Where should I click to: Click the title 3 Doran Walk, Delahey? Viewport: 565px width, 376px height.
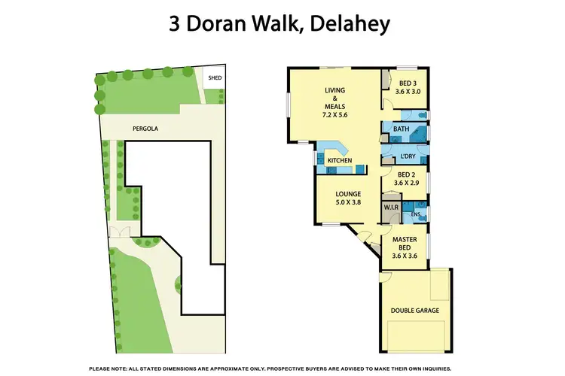[x=279, y=24]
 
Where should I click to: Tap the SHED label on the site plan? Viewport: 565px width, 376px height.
[x=215, y=77]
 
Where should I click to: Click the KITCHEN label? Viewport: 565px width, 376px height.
[x=339, y=161]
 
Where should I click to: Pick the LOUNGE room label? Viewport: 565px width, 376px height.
[x=347, y=194]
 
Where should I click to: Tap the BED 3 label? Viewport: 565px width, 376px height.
[x=408, y=83]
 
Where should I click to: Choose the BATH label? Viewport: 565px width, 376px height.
[x=401, y=129]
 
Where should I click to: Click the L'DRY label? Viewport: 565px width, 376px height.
[x=409, y=156]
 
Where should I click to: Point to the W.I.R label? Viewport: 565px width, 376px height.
[x=391, y=206]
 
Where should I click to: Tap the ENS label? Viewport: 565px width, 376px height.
[x=414, y=214]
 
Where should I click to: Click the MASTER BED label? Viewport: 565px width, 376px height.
[x=405, y=243]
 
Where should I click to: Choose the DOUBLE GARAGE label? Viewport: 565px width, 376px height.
[x=414, y=310]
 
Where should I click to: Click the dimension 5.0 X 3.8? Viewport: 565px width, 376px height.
[x=347, y=202]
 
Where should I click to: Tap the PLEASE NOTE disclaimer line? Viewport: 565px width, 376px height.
[x=280, y=368]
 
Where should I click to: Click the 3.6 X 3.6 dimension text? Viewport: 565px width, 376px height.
[x=405, y=256]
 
